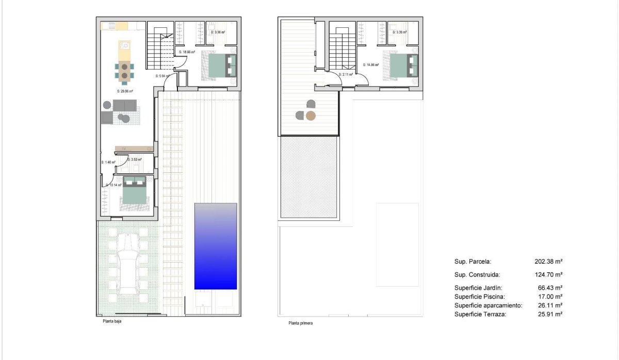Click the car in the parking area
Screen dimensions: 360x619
tap(127, 263)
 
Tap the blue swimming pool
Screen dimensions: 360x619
tap(216, 246)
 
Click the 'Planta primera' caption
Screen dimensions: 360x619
tap(301, 323)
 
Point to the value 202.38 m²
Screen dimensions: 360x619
tap(548, 261)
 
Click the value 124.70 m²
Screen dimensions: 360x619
tap(548, 275)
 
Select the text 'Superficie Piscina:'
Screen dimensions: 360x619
tap(479, 297)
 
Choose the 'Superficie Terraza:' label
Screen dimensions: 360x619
tap(480, 314)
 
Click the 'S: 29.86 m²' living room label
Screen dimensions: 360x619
tap(125, 91)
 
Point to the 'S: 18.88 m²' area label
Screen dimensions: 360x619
tap(186, 52)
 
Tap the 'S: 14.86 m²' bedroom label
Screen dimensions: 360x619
tap(371, 65)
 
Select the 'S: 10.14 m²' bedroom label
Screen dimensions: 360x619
tap(114, 185)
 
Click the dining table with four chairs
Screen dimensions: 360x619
tap(125, 71)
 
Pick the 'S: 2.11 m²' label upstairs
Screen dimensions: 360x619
tap(346, 74)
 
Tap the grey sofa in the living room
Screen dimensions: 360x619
tap(125, 106)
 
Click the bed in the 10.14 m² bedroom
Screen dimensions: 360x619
tap(135, 193)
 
